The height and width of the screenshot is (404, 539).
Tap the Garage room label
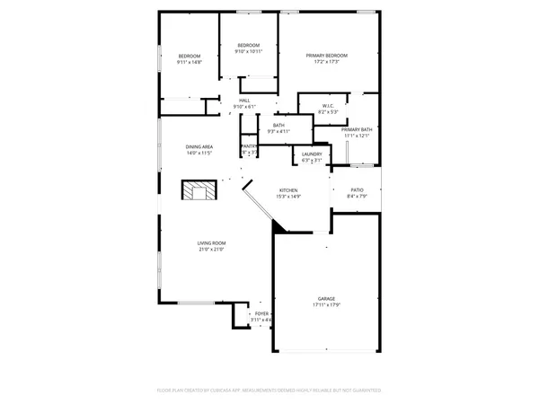(325, 298)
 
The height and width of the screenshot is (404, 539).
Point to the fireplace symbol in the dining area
(199, 190)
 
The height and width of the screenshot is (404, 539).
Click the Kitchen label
(288, 190)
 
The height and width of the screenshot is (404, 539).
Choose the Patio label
(357, 190)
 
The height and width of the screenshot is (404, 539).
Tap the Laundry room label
(311, 154)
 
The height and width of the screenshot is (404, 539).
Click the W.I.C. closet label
(329, 107)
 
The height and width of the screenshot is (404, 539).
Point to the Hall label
(244, 101)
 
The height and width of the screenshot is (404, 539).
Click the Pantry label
(249, 146)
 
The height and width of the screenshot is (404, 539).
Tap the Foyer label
(261, 314)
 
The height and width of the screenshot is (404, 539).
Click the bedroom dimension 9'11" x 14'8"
(190, 62)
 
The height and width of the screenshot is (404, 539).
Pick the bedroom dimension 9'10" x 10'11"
(248, 51)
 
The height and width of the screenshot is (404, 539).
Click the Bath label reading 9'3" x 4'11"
(279, 131)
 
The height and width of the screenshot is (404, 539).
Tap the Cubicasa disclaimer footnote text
(269, 391)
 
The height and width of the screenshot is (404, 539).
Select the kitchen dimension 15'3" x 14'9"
(288, 197)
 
